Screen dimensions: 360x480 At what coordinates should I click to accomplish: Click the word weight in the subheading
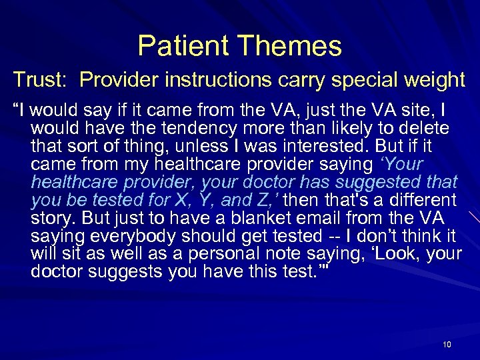[x=431, y=81]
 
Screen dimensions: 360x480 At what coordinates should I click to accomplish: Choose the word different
[x=420, y=199]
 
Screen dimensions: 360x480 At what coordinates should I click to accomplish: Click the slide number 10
[x=447, y=344]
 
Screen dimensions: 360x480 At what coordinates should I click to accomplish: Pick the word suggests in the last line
[x=118, y=271]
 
